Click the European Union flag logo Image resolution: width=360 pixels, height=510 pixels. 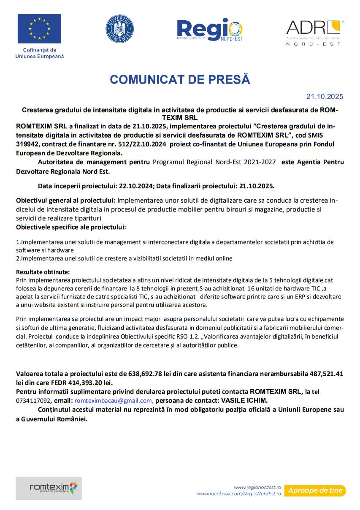coord(39,29)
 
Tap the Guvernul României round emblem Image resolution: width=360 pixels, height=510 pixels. coord(119,29)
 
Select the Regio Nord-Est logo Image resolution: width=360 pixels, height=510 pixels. coord(209,30)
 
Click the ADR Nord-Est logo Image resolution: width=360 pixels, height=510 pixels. coord(315,32)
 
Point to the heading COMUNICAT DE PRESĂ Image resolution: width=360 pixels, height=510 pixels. coord(180,80)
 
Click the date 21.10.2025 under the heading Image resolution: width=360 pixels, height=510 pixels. coord(325,97)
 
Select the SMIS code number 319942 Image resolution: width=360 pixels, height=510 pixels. coord(28,144)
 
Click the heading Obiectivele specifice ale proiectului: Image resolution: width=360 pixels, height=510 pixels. coord(71,228)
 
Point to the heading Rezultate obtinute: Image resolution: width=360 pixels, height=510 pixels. coord(43,271)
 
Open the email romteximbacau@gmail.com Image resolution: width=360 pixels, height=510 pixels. coord(114,401)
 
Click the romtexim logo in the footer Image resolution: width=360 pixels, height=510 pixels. coord(49,488)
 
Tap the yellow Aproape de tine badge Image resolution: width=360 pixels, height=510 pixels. coord(315,491)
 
